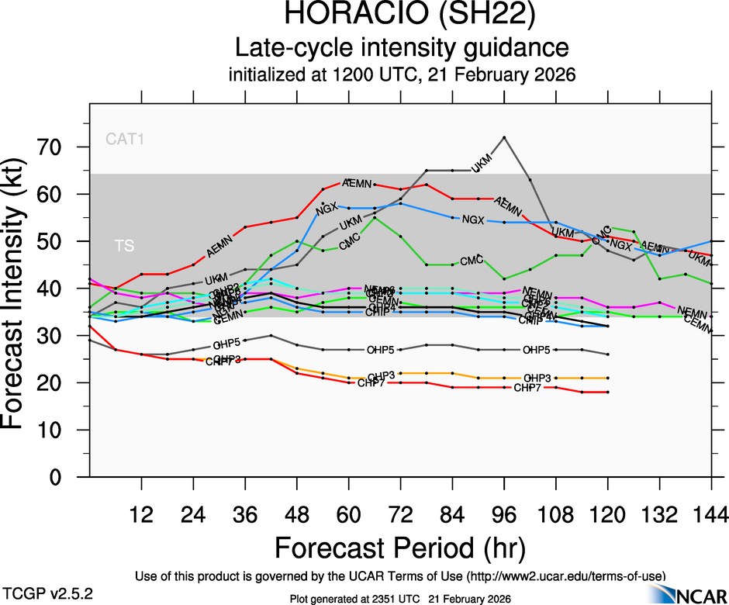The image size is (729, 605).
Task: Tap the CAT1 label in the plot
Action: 126,140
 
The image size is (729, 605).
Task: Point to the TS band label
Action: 124,246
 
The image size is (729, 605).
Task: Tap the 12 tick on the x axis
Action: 141,513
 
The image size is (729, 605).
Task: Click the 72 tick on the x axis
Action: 400,513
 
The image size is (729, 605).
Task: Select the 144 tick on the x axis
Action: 711,513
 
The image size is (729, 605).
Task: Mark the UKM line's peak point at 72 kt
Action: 504,137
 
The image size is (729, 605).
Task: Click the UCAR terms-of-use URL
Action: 565,576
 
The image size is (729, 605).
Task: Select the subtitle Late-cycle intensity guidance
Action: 401,49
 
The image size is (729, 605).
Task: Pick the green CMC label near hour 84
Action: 472,260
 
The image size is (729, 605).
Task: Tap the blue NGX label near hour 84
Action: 472,220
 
